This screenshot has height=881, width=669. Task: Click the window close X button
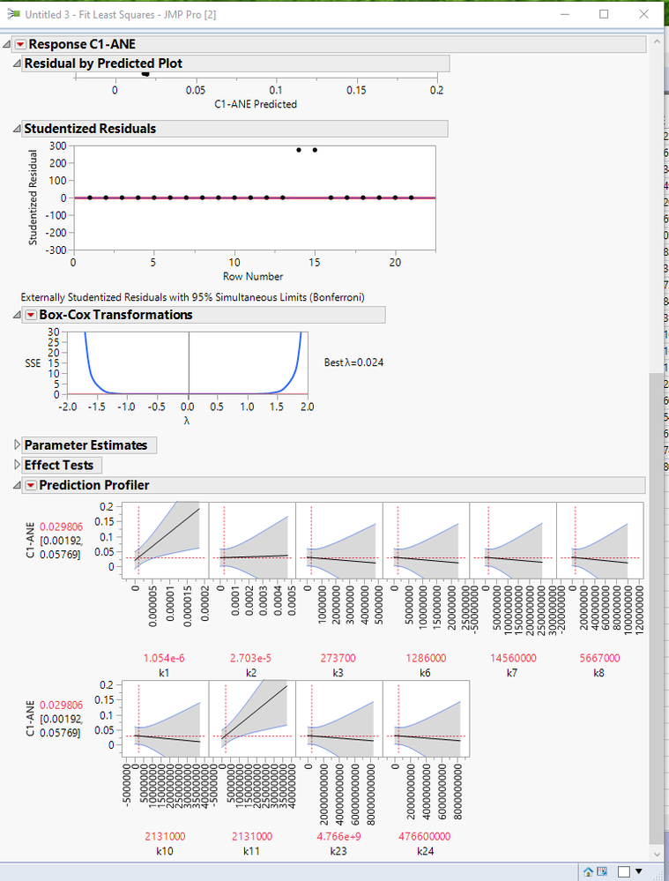(x=643, y=14)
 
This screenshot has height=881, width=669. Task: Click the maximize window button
(x=604, y=14)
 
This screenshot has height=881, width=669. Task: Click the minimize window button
(x=564, y=14)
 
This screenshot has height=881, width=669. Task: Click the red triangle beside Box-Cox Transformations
(x=30, y=315)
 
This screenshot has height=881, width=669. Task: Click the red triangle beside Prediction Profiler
(x=30, y=485)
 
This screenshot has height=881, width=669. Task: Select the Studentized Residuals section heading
(x=89, y=129)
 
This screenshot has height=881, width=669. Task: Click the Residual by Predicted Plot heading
(x=103, y=63)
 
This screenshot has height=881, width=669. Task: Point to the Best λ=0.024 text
(x=353, y=362)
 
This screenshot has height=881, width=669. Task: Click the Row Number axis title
(x=253, y=276)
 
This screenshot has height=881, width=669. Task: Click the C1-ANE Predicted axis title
(x=256, y=104)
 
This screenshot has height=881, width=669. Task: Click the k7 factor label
(x=511, y=672)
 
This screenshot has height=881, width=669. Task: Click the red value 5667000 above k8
(x=599, y=658)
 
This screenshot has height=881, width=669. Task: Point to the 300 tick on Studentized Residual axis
(x=59, y=146)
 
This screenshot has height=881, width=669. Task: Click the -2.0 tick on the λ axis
(x=66, y=407)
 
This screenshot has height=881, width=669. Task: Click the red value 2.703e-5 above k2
(x=250, y=658)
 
